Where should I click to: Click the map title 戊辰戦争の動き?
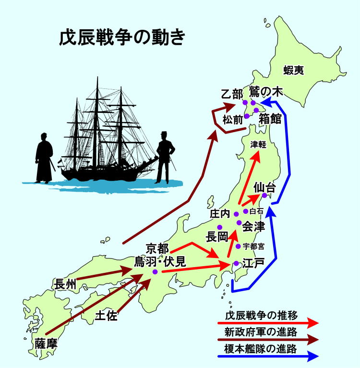click(x=122, y=37)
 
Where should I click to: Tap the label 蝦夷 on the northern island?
click(x=293, y=71)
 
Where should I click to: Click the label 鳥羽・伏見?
click(x=160, y=262)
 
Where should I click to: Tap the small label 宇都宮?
click(x=253, y=246)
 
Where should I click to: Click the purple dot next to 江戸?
click(x=237, y=263)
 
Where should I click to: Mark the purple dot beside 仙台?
click(x=264, y=196)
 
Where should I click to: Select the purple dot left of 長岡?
click(x=219, y=227)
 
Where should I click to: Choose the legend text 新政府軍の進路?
click(x=261, y=332)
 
